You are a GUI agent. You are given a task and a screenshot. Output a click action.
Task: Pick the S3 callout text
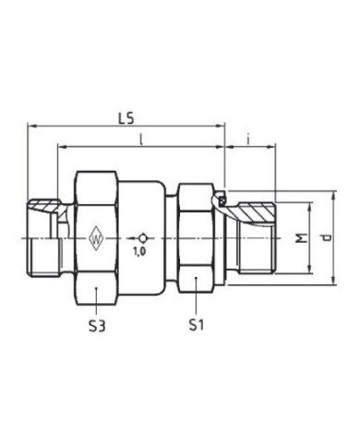point(98,324)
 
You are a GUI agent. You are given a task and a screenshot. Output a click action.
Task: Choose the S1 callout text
point(196,324)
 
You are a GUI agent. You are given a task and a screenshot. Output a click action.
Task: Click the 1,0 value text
point(140,250)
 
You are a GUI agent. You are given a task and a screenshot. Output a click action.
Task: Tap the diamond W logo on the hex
point(98,239)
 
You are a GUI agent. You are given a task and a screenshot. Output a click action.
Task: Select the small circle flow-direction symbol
point(140,236)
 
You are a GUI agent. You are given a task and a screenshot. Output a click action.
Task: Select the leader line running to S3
point(98,301)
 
